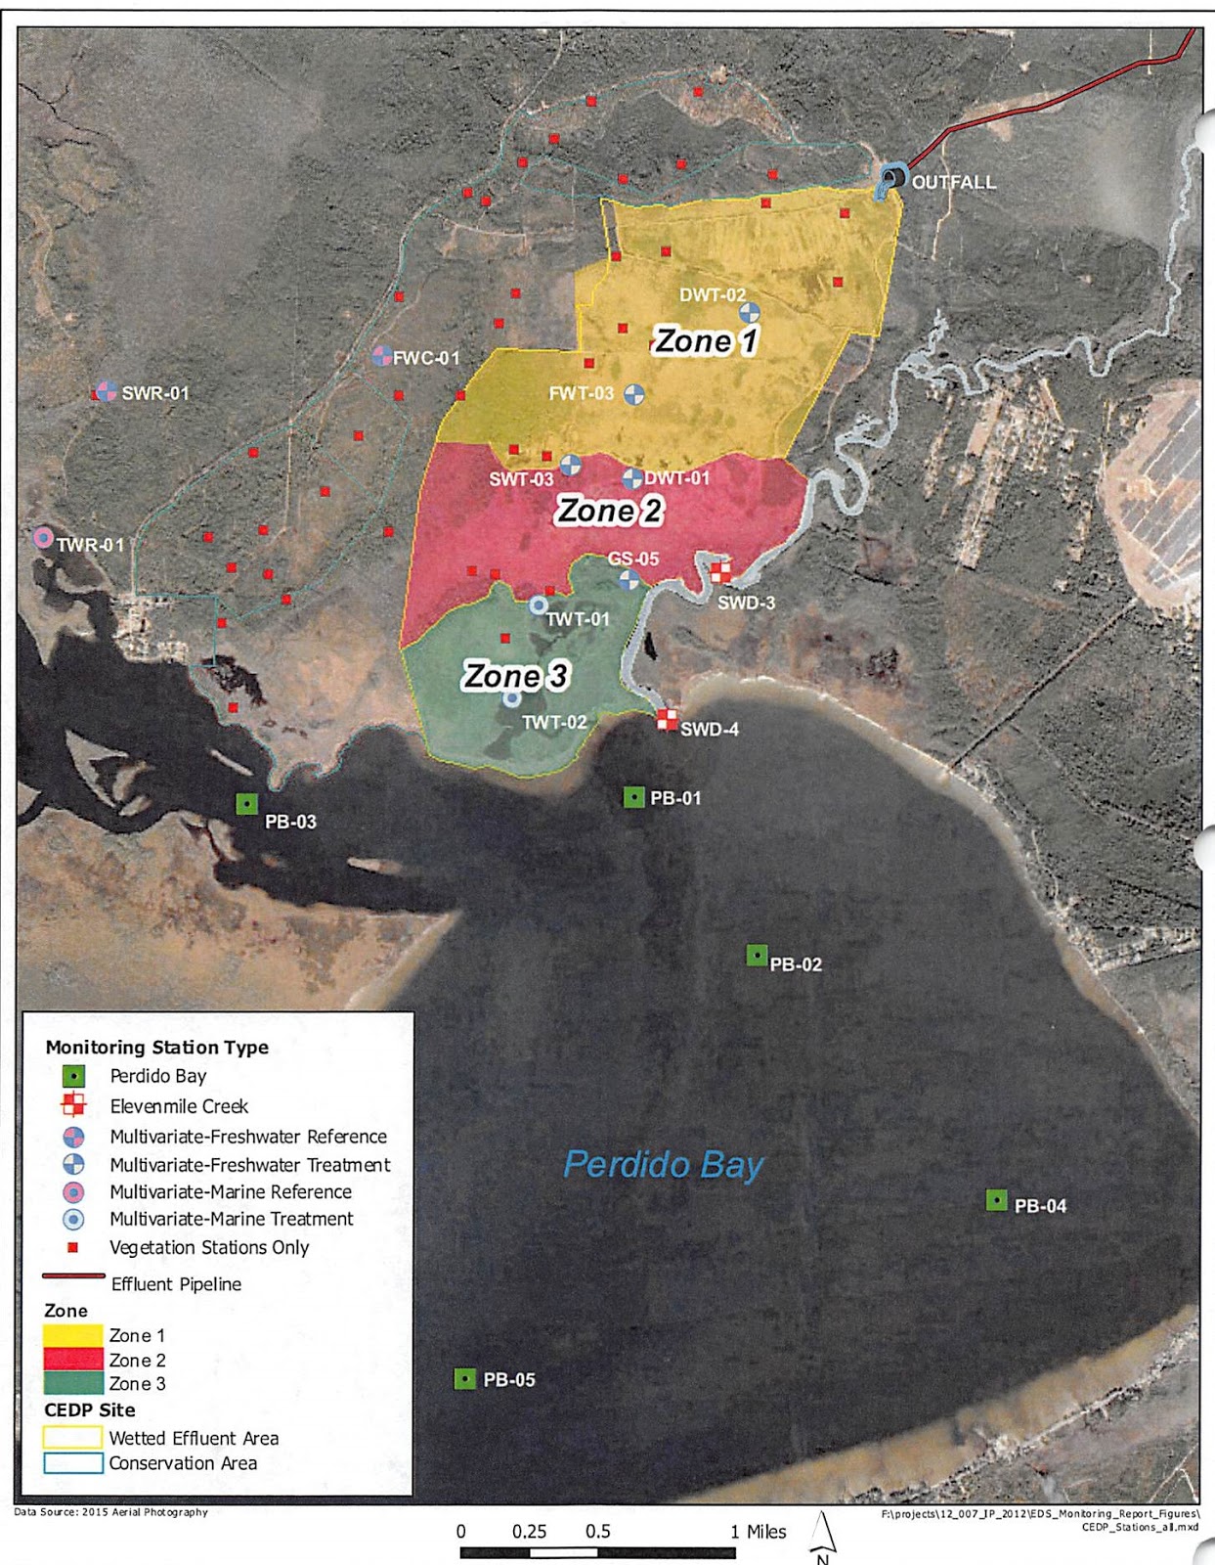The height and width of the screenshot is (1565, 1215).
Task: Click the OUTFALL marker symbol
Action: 891,178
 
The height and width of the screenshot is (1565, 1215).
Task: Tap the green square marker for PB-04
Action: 996,1200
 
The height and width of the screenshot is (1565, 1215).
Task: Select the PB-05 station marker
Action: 465,1379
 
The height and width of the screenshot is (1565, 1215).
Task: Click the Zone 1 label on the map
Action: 705,340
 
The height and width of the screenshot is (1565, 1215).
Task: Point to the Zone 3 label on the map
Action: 515,676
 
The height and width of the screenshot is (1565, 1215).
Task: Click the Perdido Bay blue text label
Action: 663,1165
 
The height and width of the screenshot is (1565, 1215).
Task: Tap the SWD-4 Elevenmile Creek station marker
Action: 667,721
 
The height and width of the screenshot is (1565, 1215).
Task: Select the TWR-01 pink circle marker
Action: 43,537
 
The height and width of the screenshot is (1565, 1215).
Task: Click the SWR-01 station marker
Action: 107,392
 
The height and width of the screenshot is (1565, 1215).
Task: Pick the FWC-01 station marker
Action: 382,356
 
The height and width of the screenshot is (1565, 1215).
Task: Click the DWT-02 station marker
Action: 749,312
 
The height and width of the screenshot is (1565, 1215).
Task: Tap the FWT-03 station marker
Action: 634,395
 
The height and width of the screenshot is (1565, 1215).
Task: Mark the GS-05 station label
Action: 633,559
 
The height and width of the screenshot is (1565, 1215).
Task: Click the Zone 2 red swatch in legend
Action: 73,1360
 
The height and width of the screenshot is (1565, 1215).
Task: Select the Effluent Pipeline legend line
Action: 73,1276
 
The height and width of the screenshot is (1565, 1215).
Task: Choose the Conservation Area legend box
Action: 73,1463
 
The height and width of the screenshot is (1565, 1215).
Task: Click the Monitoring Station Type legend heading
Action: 156,1048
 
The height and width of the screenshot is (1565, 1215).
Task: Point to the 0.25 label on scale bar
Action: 529,1532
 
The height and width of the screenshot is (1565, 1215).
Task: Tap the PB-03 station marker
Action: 247,804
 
